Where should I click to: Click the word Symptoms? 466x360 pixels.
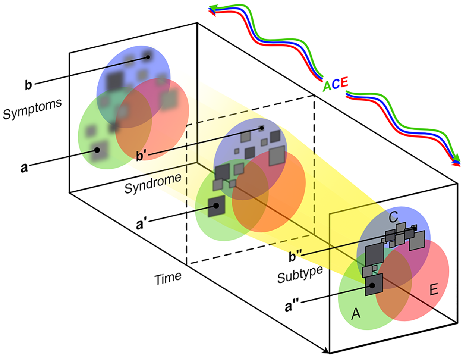tap(32, 109)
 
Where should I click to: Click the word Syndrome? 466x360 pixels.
tap(153, 183)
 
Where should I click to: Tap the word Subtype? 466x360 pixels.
tap(300, 275)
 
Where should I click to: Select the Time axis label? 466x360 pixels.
tap(168, 278)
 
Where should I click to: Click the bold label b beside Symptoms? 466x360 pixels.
tap(28, 85)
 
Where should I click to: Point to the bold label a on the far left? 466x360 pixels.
tap(24, 168)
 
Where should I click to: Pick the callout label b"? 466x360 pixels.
tap(295, 256)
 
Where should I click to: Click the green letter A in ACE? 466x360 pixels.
tap(327, 86)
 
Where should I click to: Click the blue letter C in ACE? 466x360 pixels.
tap(336, 84)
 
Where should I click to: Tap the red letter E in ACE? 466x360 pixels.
tap(344, 82)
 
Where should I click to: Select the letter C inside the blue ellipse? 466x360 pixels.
tap(393, 217)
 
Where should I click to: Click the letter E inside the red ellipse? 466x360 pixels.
tap(434, 290)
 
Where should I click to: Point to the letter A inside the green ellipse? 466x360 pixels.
tap(356, 314)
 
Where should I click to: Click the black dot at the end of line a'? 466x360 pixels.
tap(216, 206)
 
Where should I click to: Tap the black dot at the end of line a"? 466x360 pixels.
tap(372, 285)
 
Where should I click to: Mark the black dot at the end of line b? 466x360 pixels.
tap(148, 57)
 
